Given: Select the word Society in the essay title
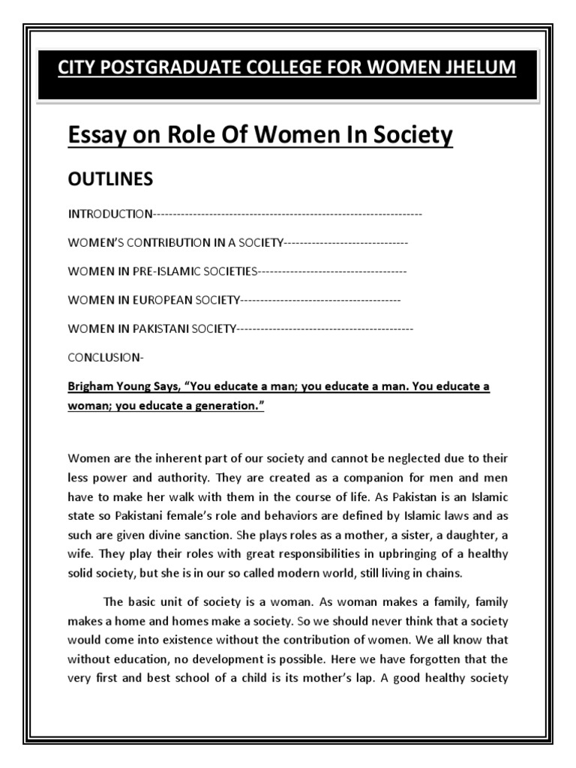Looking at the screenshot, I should tap(413, 135).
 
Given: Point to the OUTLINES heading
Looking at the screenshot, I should tap(110, 178).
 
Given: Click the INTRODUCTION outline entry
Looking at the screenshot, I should tap(110, 214).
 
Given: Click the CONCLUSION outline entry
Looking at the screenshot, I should tap(104, 357).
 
